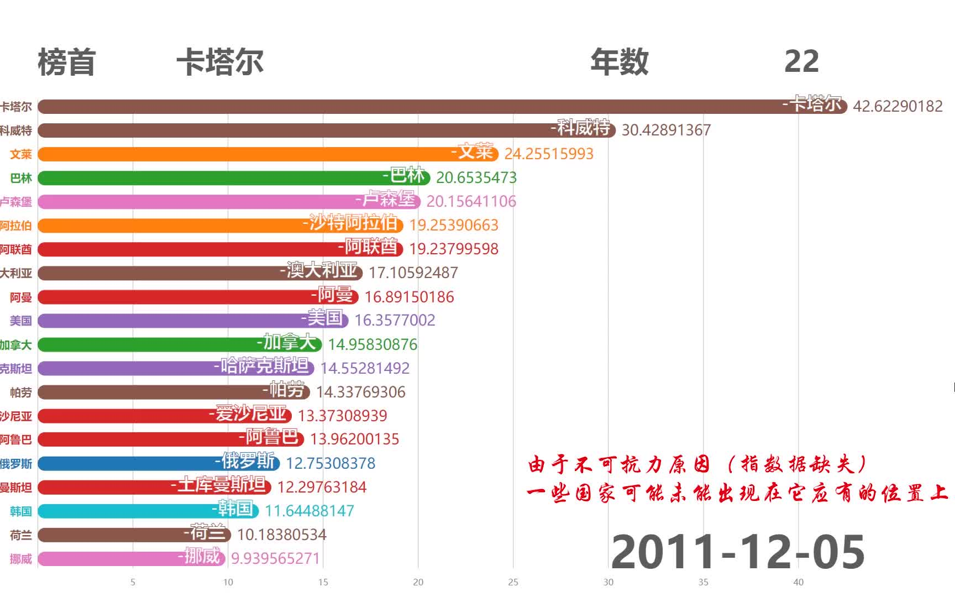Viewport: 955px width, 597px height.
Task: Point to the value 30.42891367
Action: pyautogui.click(x=666, y=130)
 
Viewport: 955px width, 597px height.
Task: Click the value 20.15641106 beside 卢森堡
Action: pyautogui.click(x=471, y=202)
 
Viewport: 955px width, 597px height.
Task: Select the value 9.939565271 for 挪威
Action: pyautogui.click(x=275, y=559)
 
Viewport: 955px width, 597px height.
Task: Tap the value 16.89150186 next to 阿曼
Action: pyautogui.click(x=409, y=297)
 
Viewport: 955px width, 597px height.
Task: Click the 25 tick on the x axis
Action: pyautogui.click(x=513, y=582)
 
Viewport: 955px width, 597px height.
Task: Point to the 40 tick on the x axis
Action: pyautogui.click(x=798, y=582)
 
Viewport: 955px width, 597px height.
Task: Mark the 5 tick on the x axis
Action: pyautogui.click(x=133, y=582)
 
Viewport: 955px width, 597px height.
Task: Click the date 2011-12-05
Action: pyautogui.click(x=738, y=552)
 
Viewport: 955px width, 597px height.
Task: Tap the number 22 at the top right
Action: pyautogui.click(x=801, y=61)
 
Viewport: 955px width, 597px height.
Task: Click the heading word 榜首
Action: pyautogui.click(x=66, y=62)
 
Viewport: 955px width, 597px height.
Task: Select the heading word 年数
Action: pyautogui.click(x=619, y=61)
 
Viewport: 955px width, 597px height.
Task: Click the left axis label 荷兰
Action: pyautogui.click(x=21, y=535)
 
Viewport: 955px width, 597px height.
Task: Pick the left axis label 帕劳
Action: pyautogui.click(x=21, y=392)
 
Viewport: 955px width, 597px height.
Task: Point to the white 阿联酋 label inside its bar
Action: pyautogui.click(x=370, y=247)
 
